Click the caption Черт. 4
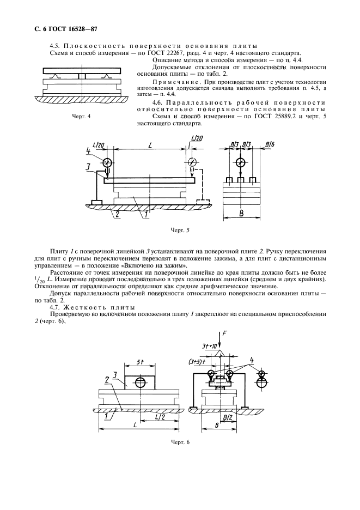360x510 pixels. click(81, 117)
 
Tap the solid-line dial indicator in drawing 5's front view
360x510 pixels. click(106, 162)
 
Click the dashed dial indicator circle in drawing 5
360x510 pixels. click(192, 162)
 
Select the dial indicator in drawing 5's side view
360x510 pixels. click(241, 162)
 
